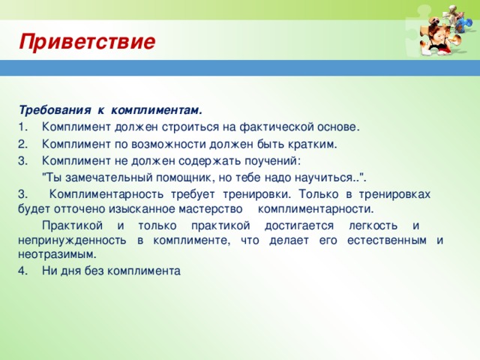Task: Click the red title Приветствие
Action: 87,42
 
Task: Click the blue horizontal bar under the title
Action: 240,68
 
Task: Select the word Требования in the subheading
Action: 55,110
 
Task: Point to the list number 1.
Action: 22,127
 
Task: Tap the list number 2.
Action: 22,144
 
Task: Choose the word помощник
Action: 186,178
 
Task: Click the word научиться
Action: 327,178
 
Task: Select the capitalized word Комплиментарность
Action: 106,194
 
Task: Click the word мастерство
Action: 211,209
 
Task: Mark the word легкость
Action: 373,226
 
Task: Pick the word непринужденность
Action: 72,240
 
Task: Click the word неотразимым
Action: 57,254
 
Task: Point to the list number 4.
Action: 22,271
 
